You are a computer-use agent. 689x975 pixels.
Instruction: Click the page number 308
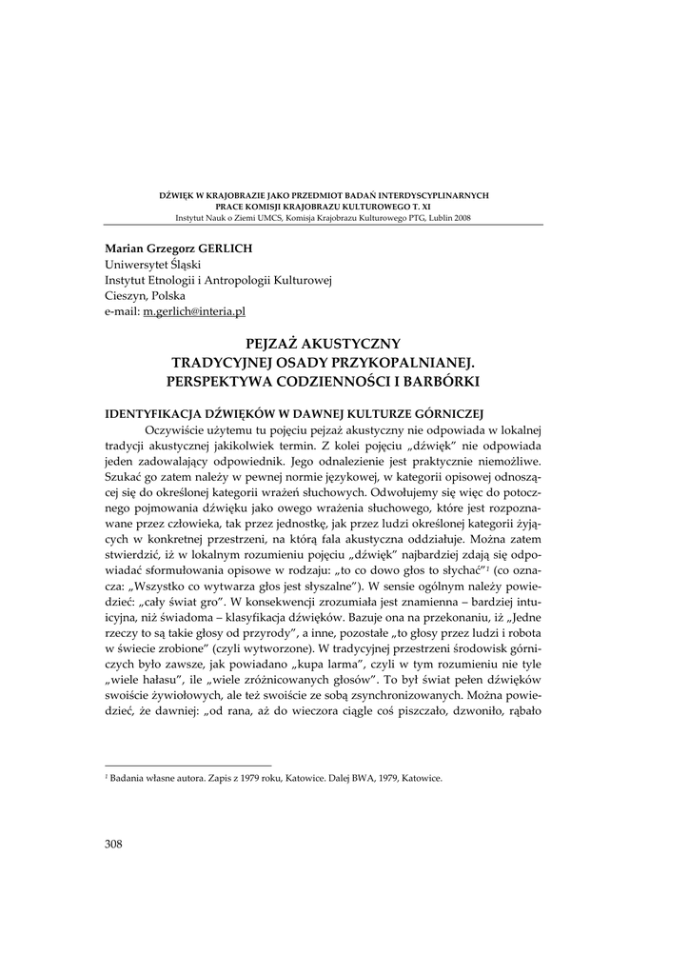coord(114,843)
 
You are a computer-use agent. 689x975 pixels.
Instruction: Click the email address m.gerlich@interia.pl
coord(194,311)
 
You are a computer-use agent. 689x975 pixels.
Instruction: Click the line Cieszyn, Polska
coord(146,295)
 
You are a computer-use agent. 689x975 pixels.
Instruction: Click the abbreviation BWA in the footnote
coord(366,777)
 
